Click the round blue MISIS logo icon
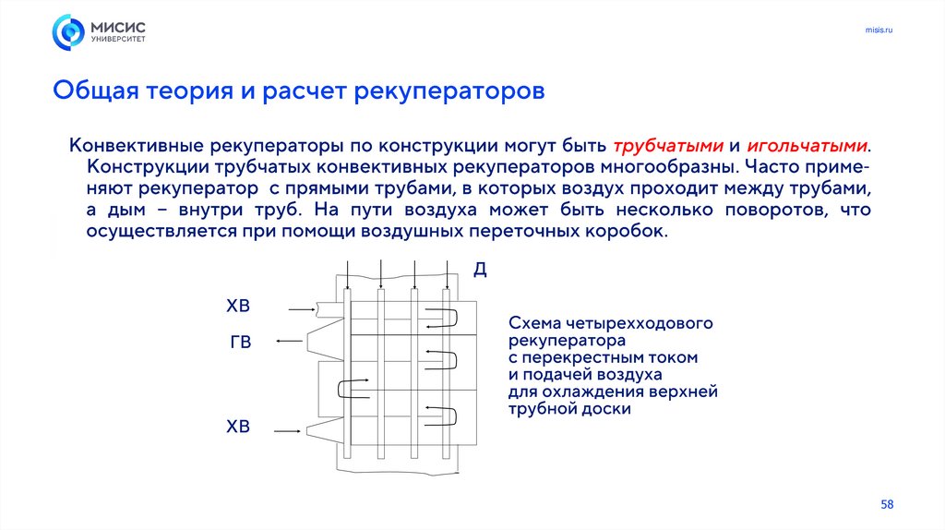point(68,32)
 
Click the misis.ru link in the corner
point(879,31)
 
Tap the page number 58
point(887,504)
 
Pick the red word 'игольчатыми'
point(807,146)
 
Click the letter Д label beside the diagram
point(480,270)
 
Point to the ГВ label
point(240,343)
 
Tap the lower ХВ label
point(238,427)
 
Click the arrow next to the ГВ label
point(290,342)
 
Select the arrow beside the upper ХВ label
point(301,308)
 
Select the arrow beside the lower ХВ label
point(288,429)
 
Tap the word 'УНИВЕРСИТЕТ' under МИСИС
point(117,41)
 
